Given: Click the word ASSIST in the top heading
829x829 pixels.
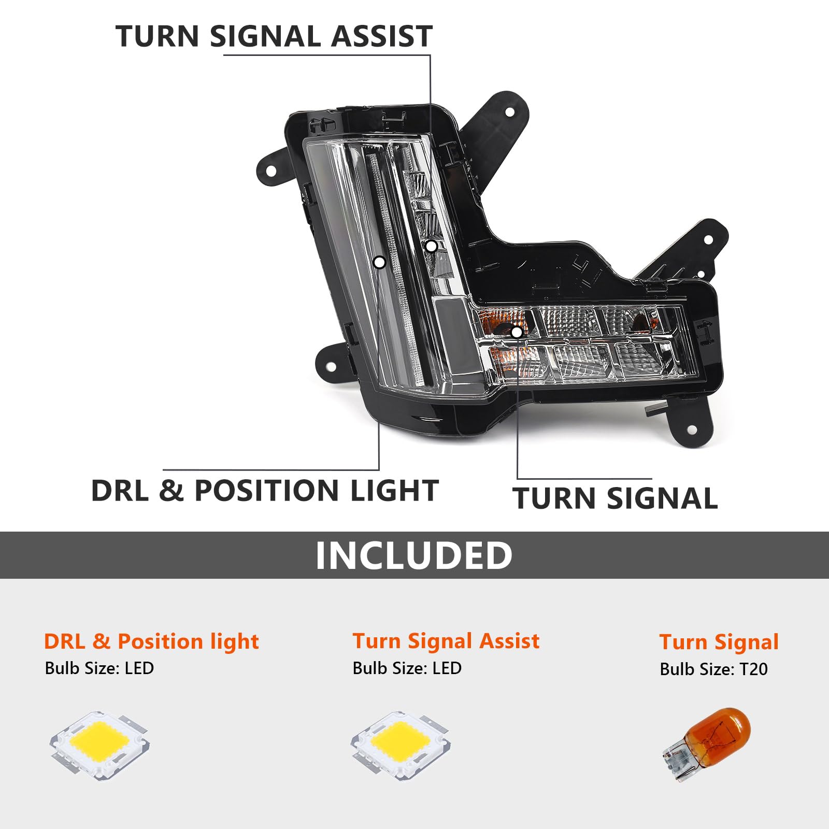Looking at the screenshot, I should pyautogui.click(x=382, y=36).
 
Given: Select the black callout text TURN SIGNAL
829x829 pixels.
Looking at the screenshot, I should pyautogui.click(x=615, y=498).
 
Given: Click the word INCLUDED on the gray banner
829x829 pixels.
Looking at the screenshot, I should pyautogui.click(x=414, y=555).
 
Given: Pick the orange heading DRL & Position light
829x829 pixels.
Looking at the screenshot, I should pyautogui.click(x=151, y=641).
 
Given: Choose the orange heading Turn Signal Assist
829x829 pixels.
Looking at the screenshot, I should pyautogui.click(x=446, y=641).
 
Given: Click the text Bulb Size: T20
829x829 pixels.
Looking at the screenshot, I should pyautogui.click(x=713, y=669).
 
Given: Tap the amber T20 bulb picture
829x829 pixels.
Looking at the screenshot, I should pyautogui.click(x=707, y=745).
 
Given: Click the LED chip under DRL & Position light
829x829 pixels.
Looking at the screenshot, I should pyautogui.click(x=99, y=745).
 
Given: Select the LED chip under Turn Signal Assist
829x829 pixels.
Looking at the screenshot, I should pyautogui.click(x=401, y=745).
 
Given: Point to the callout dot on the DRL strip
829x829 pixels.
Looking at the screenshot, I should pyautogui.click(x=379, y=262).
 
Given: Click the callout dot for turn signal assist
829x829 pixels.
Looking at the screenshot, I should pyautogui.click(x=431, y=247).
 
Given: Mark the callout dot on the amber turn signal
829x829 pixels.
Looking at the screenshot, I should pyautogui.click(x=517, y=332).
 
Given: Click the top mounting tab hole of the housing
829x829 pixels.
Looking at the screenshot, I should pyautogui.click(x=509, y=112).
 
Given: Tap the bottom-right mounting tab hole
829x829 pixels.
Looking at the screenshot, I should pyautogui.click(x=691, y=430).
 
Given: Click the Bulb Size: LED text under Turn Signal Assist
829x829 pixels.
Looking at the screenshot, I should pyautogui.click(x=407, y=668).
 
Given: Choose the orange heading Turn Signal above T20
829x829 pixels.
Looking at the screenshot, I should pyautogui.click(x=719, y=642).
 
